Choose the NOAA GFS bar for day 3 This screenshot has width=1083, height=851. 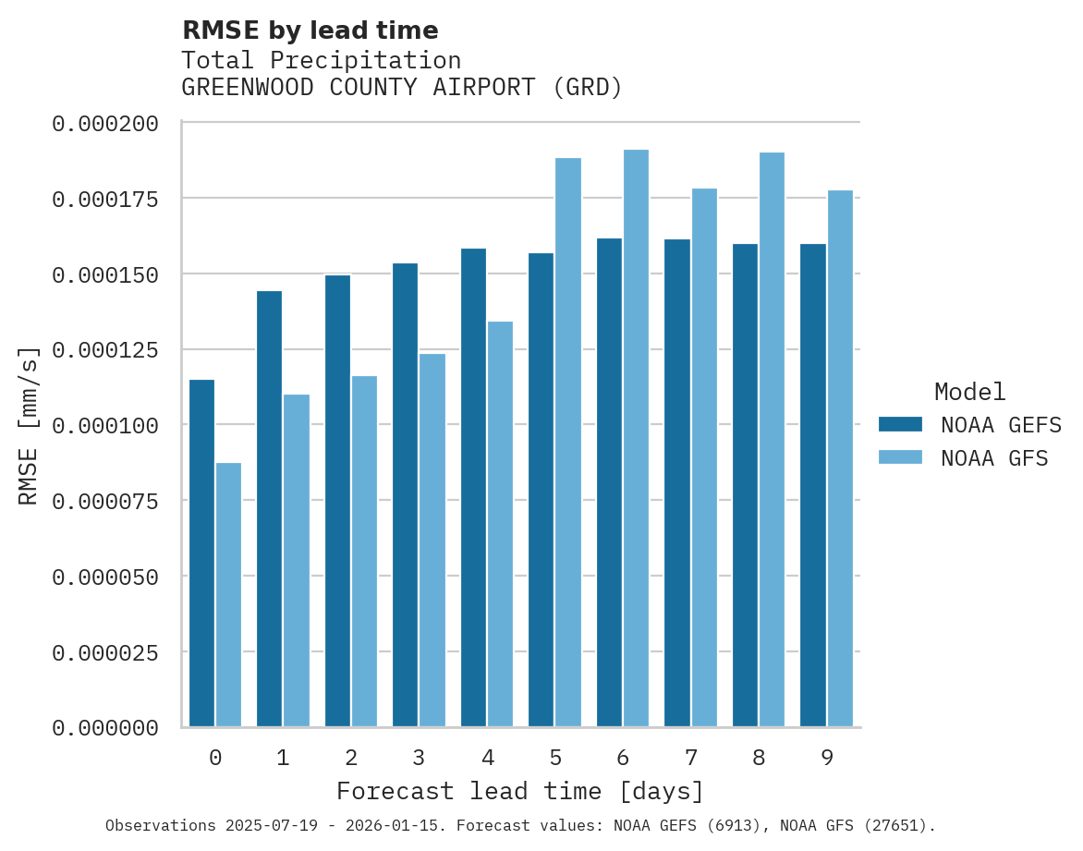432,540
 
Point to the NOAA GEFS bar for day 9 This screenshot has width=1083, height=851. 813,485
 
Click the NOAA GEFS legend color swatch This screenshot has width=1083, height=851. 900,424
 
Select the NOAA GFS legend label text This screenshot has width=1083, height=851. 994,458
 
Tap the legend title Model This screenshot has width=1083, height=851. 969,392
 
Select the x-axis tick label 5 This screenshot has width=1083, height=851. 555,758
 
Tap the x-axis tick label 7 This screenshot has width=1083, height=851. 691,758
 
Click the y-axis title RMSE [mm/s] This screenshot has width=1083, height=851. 29,425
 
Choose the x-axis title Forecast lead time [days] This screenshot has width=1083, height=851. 520,792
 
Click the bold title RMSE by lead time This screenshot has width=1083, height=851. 310,30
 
